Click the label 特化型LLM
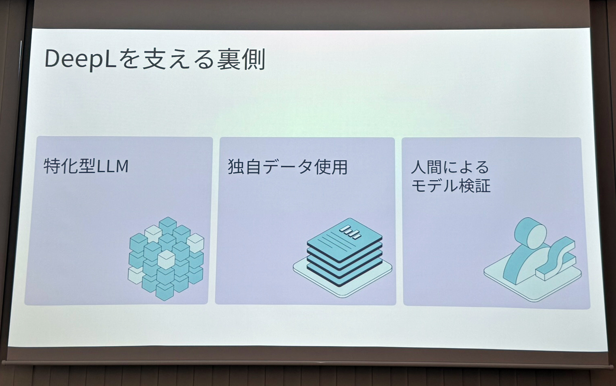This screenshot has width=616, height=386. point(86,166)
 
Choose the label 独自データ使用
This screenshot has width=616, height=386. point(287,167)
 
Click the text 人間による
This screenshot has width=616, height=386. point(450,167)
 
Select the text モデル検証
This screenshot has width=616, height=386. point(451,185)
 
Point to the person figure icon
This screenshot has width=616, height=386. point(527,256)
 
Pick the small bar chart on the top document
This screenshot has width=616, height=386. point(350,232)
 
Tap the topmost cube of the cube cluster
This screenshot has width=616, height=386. point(167,225)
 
